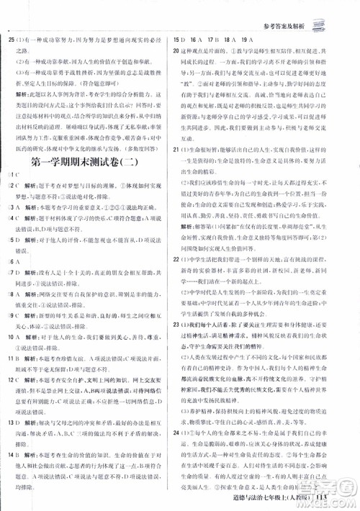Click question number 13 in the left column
12,425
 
